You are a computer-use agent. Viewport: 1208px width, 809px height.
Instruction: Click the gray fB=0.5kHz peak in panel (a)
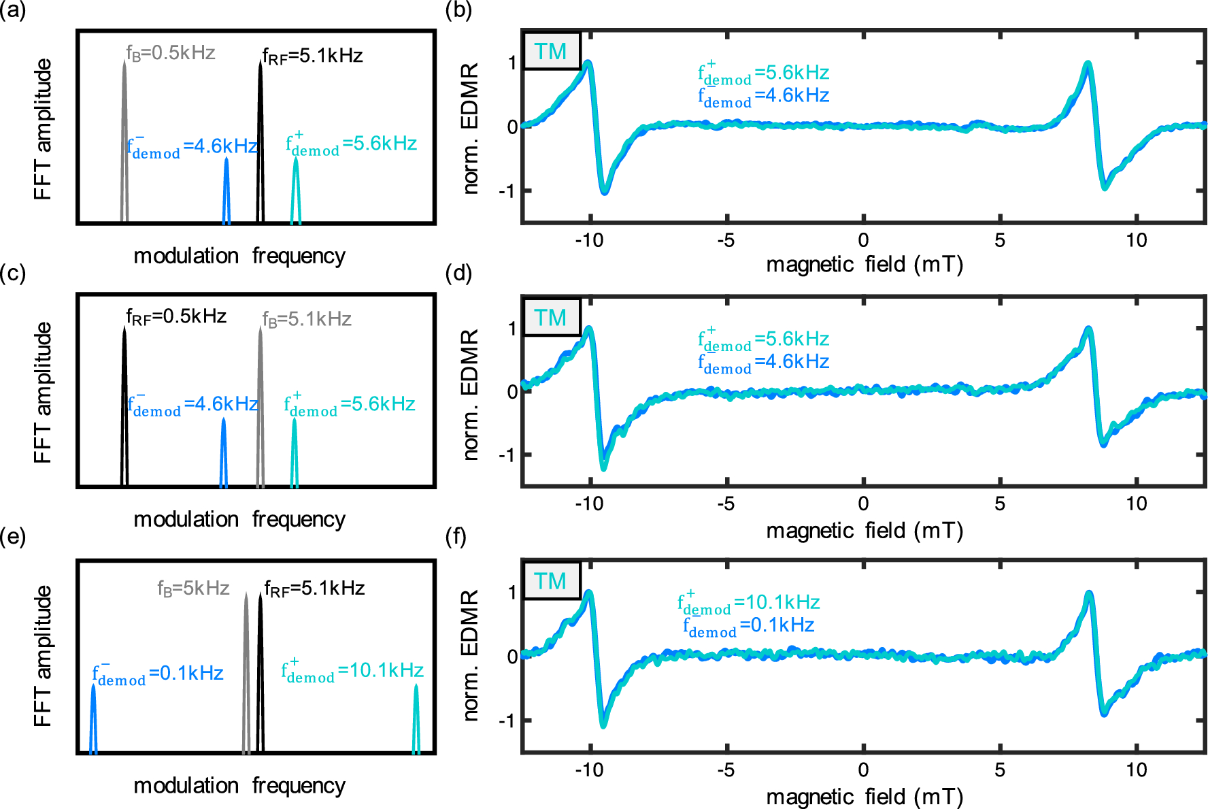(124, 136)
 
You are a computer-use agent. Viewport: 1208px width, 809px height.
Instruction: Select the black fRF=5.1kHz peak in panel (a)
(261, 136)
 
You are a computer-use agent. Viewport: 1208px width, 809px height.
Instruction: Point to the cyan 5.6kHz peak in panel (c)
(295, 452)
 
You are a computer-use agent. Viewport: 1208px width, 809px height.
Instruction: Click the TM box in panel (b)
(551, 51)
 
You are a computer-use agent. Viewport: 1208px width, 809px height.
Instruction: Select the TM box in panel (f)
(551, 581)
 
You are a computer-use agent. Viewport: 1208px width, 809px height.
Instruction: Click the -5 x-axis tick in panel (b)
(726, 240)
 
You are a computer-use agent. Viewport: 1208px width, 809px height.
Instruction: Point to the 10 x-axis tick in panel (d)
(1136, 503)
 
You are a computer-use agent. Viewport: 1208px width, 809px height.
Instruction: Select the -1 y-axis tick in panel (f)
(507, 721)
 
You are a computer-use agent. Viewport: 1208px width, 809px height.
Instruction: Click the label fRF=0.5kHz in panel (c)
(176, 316)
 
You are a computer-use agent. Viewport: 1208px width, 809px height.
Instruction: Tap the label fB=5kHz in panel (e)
(193, 588)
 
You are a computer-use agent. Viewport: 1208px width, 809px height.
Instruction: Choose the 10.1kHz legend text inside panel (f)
(748, 603)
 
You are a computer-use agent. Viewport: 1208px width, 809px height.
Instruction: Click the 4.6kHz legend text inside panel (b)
(763, 96)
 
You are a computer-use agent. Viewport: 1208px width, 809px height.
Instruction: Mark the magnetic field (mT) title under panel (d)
(865, 531)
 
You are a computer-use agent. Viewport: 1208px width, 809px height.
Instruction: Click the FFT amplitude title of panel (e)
(43, 656)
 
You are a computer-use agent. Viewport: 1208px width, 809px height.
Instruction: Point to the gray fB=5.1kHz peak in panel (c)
(261, 408)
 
